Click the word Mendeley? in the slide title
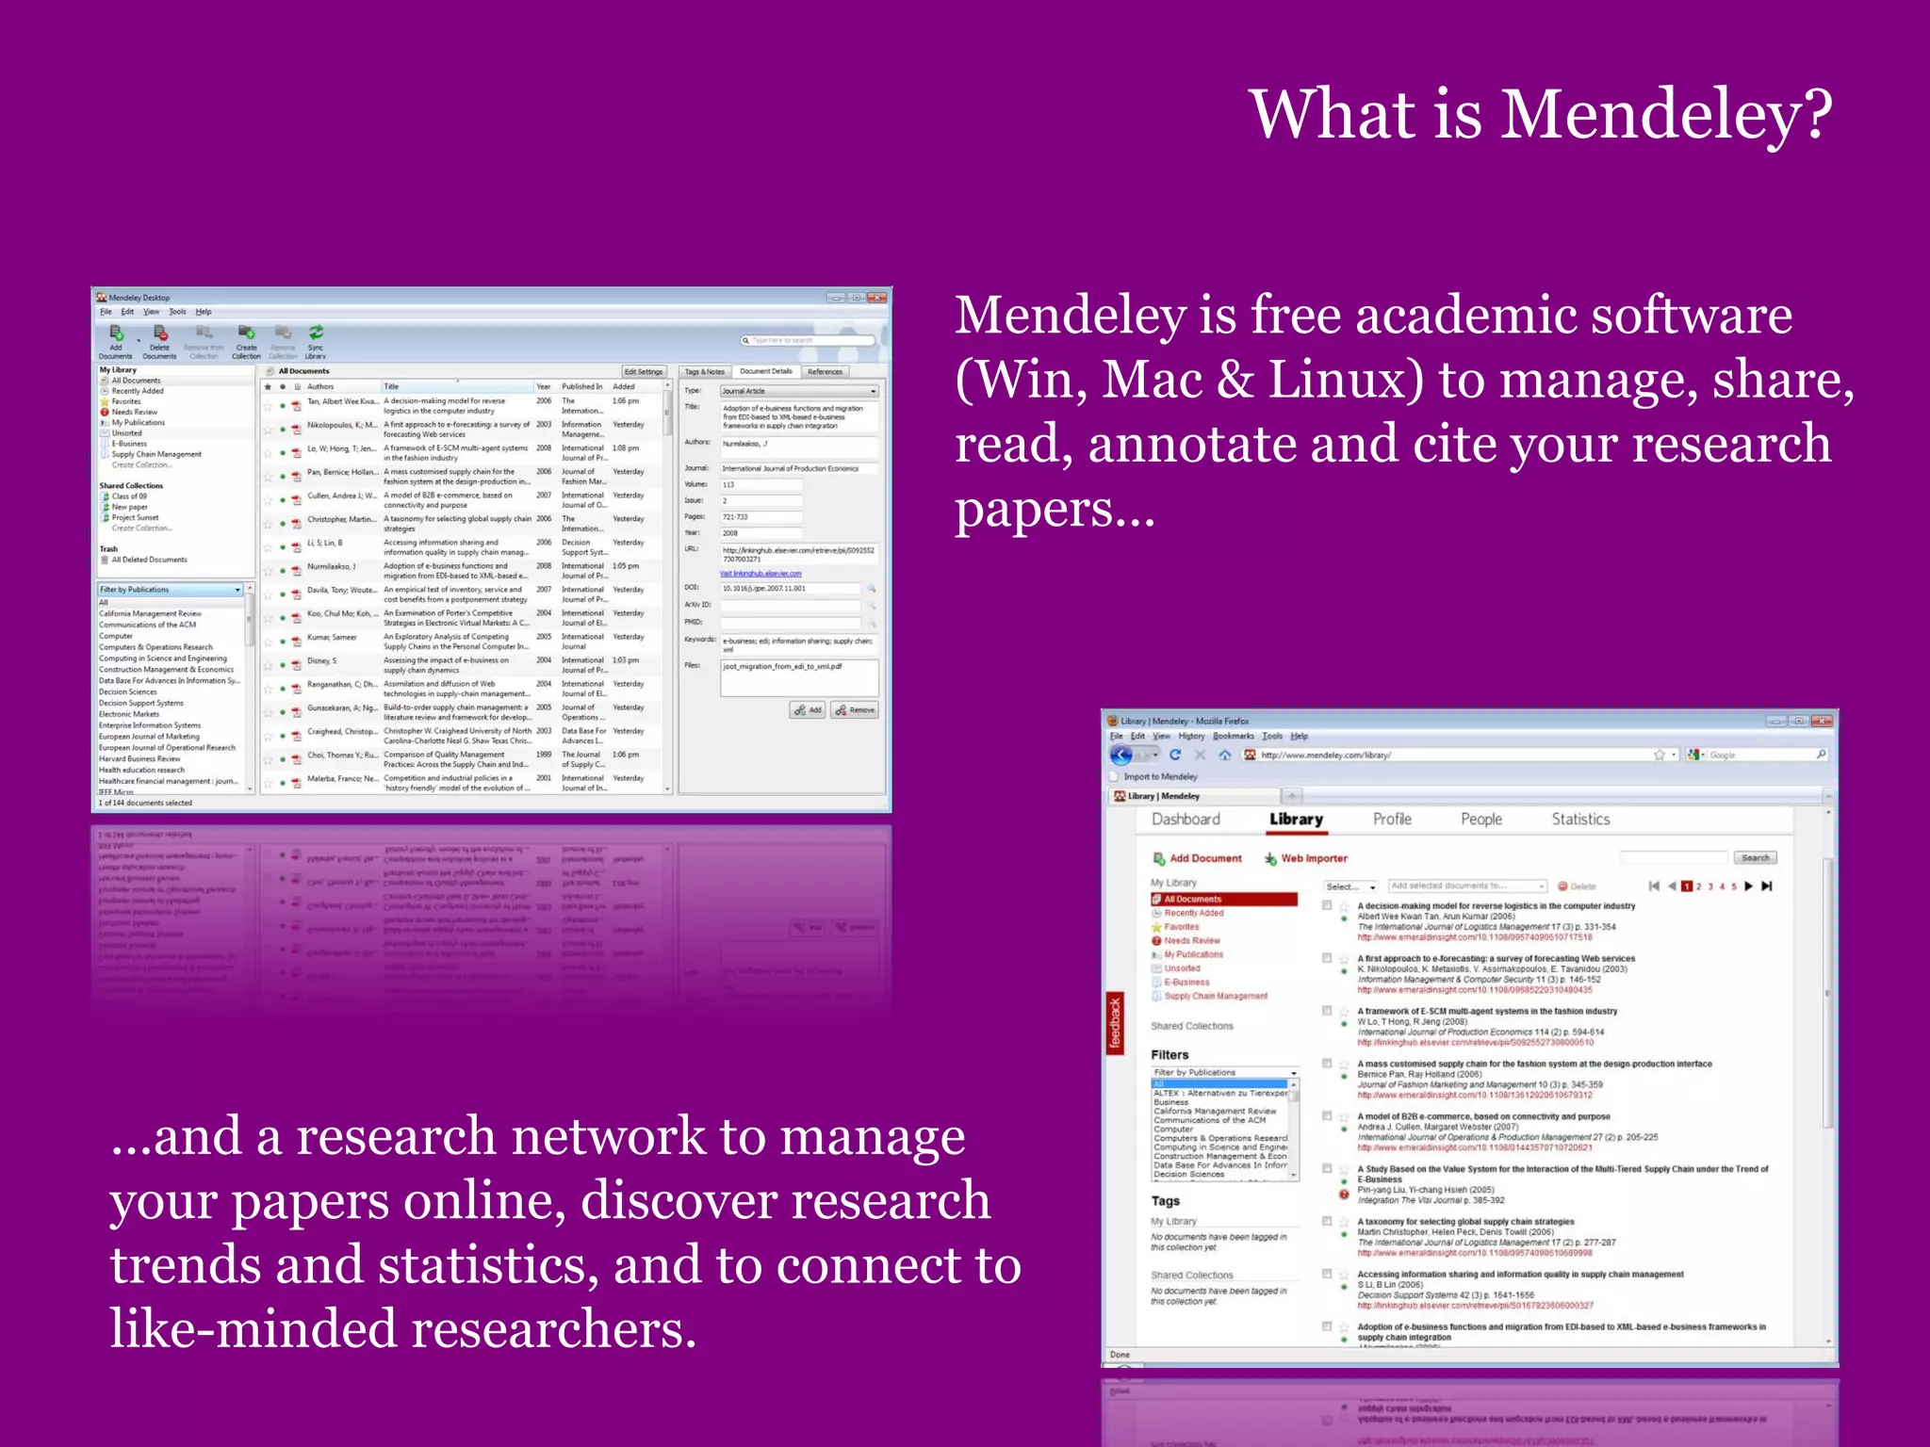(x=1666, y=115)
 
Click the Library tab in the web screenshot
(x=1296, y=820)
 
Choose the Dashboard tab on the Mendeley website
(x=1186, y=820)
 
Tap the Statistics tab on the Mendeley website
(x=1580, y=820)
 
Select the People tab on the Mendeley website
(x=1480, y=820)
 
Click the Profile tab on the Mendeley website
(x=1392, y=820)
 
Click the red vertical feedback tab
(x=1115, y=1023)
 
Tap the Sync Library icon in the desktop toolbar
(x=316, y=338)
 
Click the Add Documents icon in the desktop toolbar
(x=116, y=338)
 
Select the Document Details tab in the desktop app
(x=765, y=371)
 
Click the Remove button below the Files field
(x=855, y=710)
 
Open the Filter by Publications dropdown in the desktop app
(x=171, y=590)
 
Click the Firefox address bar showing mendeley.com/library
(x=1451, y=755)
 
